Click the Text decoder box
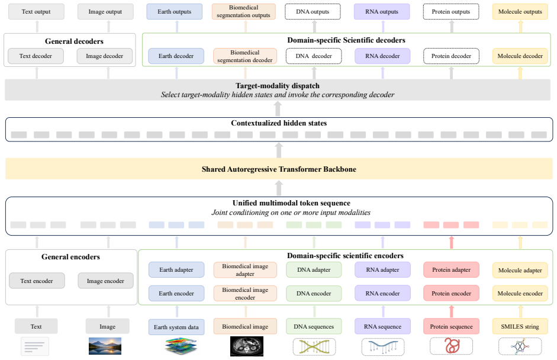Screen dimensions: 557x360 (x=36, y=56)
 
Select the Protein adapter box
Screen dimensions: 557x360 (x=451, y=270)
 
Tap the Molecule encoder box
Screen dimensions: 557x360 (x=520, y=294)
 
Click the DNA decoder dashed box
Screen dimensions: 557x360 (x=314, y=56)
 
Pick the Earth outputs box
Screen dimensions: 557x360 (x=175, y=11)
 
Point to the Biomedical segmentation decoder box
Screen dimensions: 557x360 (x=244, y=56)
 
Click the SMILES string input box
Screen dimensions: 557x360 (x=520, y=326)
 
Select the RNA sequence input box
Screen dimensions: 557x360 (x=382, y=326)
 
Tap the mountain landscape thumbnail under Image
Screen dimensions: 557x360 (x=105, y=346)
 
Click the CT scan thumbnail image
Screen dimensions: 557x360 (x=247, y=346)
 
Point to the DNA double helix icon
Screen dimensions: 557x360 (x=314, y=347)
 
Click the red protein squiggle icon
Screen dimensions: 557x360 (x=452, y=346)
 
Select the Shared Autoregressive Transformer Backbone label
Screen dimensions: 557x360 (x=279, y=169)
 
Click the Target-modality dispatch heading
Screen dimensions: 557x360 (x=278, y=86)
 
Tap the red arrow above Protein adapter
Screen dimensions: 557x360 (x=452, y=242)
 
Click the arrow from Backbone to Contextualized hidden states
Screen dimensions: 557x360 (x=279, y=150)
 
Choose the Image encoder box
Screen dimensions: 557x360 (x=105, y=281)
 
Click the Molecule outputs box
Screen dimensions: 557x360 (x=520, y=11)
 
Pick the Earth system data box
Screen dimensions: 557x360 (x=176, y=327)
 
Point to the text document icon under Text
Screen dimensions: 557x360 (x=35, y=346)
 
